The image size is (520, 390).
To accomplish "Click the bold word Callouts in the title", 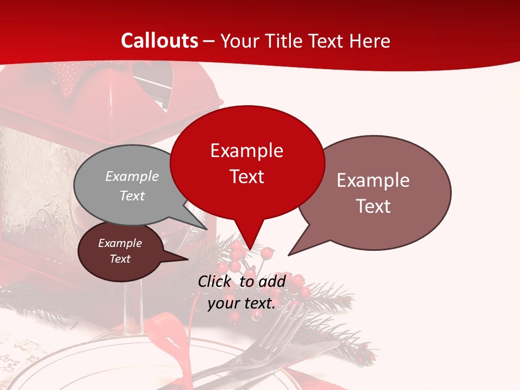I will point(159,41).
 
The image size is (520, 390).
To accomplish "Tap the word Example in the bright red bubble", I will point(246,151).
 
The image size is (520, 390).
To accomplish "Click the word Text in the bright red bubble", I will point(246,177).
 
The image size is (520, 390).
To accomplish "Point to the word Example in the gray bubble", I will point(132,177).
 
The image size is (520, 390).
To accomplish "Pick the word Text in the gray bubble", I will point(132,196).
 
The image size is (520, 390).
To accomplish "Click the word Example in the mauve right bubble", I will point(373,180).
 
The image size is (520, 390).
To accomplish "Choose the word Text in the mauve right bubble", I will point(373,206).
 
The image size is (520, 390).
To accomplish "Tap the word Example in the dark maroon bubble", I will point(120,243).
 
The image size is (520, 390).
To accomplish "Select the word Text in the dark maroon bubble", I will point(120,259).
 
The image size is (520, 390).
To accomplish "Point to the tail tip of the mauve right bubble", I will point(289,255).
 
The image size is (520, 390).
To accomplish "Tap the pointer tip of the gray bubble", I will point(206,229).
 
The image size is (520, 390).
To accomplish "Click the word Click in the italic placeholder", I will point(214,282).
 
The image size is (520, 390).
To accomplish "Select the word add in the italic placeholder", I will point(272,282).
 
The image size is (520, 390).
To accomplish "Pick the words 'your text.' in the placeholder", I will point(242,303).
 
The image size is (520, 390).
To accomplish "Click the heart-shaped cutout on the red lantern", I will point(153,81).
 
